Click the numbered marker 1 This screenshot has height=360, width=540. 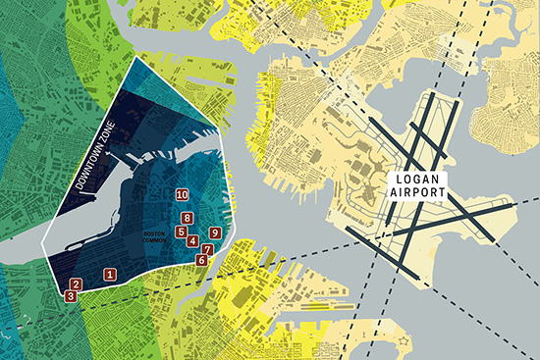point(110,275)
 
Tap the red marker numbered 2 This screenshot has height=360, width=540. point(77,284)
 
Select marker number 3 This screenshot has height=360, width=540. point(71,295)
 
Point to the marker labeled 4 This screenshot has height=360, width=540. point(192,240)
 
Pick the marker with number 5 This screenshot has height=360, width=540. point(181,232)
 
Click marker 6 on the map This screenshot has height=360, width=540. point(201,260)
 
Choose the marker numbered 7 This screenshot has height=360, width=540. point(207,250)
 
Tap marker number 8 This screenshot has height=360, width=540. point(187,218)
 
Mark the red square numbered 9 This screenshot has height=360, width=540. point(214,232)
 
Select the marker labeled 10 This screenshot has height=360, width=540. point(182,195)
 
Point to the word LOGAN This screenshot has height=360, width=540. point(419,180)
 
